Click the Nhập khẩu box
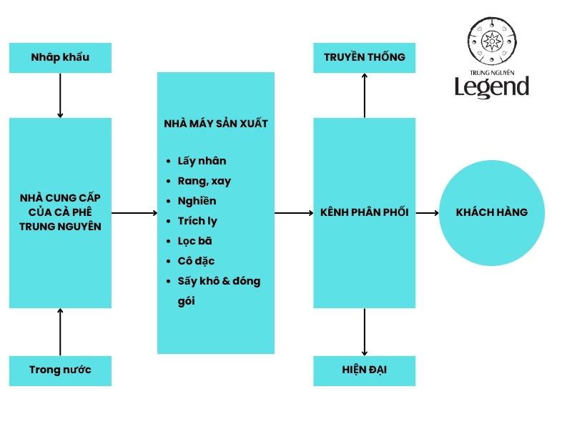[x=60, y=57]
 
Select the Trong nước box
[x=60, y=370]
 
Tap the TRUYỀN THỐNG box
[x=365, y=57]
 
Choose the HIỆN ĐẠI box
[x=365, y=370]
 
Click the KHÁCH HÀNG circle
[x=491, y=212]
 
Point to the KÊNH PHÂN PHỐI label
[x=365, y=212]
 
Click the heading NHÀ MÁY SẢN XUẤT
[x=216, y=124]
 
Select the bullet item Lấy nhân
[x=202, y=161]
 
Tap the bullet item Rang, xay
[x=204, y=181]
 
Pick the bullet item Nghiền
[x=197, y=201]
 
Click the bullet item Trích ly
[x=198, y=221]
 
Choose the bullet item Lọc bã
[x=194, y=241]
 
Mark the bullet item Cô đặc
[x=196, y=261]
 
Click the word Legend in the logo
[x=492, y=87]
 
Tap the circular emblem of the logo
[x=492, y=42]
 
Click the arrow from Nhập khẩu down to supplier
[x=60, y=95]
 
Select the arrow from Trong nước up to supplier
[x=60, y=332]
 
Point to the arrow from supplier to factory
[x=134, y=212]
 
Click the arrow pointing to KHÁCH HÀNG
[x=427, y=212]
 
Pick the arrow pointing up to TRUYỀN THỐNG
[x=365, y=95]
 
